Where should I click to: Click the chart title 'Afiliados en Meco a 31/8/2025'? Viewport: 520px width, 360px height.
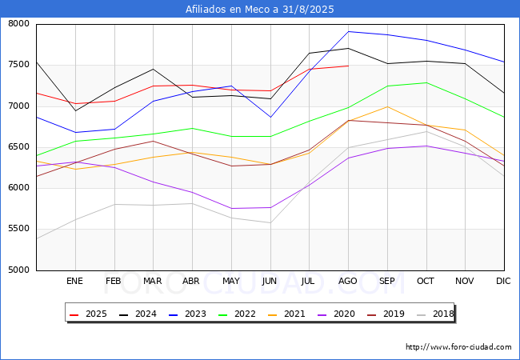260,10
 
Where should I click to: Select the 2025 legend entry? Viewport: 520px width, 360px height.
89,314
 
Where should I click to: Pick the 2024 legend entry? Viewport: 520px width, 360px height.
137,314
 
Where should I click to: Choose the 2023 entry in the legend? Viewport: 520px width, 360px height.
185,314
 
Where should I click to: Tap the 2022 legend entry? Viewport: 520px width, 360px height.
233,314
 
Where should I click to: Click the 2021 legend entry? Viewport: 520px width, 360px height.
281,314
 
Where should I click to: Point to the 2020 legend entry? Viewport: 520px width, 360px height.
329,314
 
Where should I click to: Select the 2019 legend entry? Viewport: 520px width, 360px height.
377,314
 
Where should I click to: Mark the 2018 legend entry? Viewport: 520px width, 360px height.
433,314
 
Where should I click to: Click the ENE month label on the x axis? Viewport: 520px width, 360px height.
74,281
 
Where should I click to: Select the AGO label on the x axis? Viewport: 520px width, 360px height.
348,281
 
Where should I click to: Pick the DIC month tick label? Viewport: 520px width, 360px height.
503,281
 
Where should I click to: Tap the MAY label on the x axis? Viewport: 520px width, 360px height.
231,281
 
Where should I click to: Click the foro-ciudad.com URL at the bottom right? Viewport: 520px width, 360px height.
458,347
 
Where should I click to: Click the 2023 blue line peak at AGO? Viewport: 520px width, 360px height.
348,31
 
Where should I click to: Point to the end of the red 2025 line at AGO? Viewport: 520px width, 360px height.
348,66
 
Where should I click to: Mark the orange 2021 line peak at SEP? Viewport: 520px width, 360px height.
387,106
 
